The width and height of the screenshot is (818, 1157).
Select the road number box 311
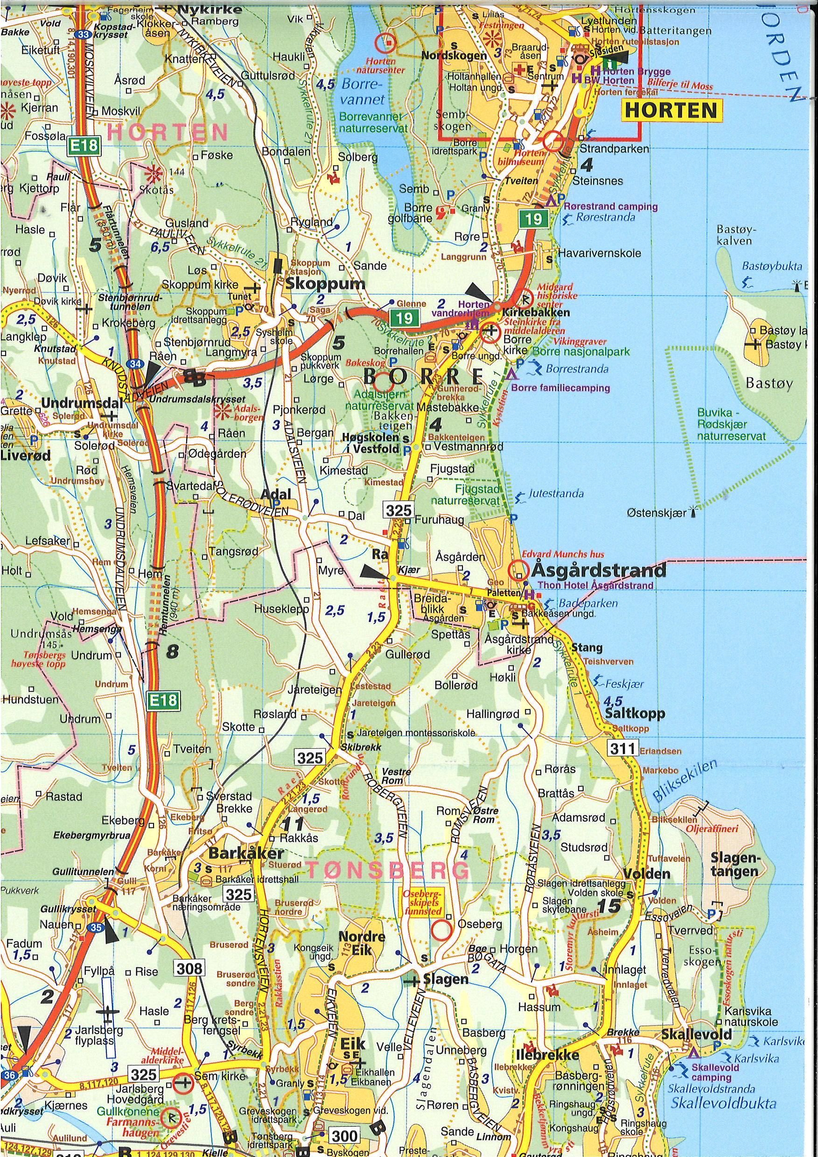pyautogui.click(x=622, y=748)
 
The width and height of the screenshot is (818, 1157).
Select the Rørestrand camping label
pyautogui.click(x=610, y=207)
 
